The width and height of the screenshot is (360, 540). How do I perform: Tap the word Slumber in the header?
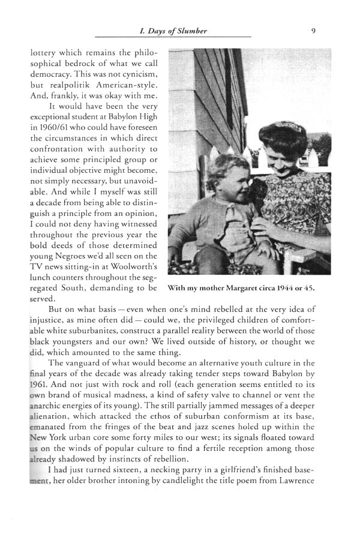point(190,31)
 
